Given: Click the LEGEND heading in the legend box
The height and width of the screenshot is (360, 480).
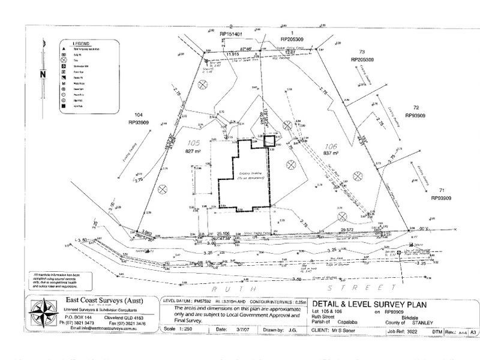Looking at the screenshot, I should [82, 45].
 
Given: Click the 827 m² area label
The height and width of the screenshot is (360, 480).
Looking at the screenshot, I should [194, 153].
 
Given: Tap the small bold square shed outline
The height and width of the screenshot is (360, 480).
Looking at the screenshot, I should [270, 141].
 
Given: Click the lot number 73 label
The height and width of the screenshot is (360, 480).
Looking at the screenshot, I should [362, 53].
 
